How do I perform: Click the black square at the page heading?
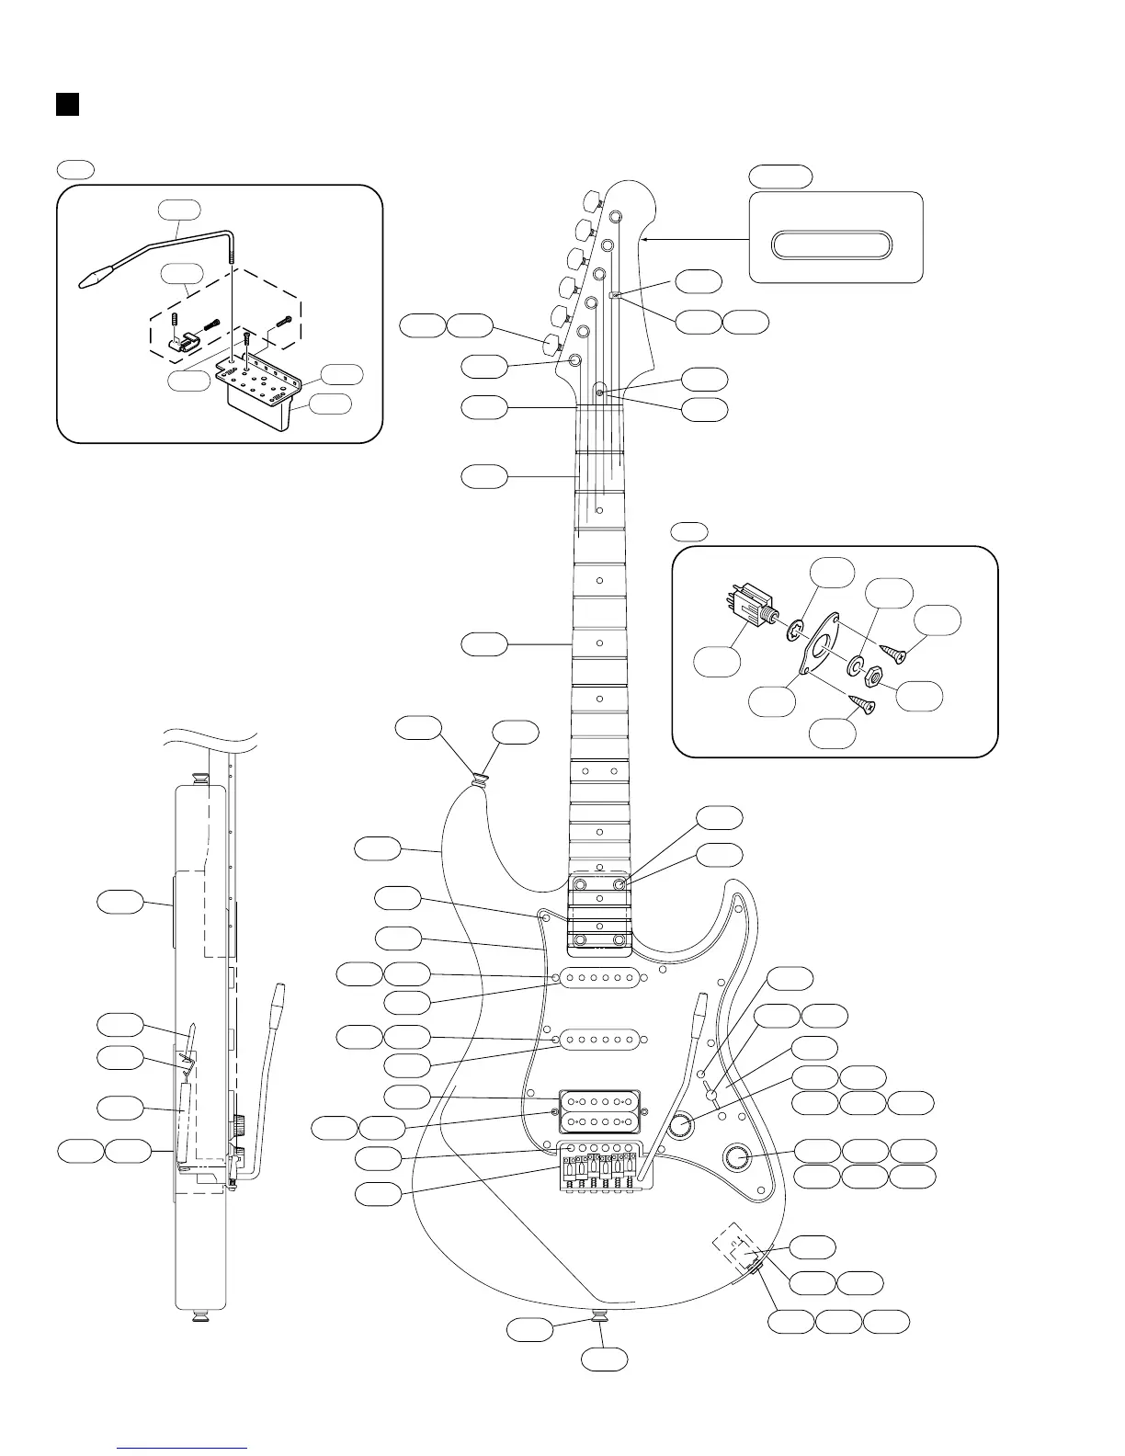66,104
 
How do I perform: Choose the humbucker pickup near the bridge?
599,1111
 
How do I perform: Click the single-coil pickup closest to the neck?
601,980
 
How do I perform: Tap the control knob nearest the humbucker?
682,1124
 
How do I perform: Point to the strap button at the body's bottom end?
599,1317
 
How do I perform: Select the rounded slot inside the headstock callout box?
831,244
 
